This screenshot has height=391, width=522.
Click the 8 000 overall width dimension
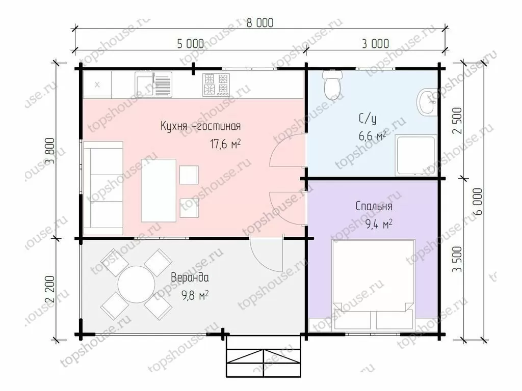[x=260, y=22]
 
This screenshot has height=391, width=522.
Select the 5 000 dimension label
[x=191, y=44]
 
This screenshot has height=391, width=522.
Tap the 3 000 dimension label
[x=375, y=44]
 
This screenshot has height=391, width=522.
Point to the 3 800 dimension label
[x=50, y=151]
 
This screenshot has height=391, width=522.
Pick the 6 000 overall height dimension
[x=477, y=202]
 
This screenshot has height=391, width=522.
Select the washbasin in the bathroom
[x=427, y=102]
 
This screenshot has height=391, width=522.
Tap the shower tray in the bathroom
[x=415, y=155]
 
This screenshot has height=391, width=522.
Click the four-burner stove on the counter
[x=216, y=85]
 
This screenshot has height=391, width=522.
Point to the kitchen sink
[x=153, y=85]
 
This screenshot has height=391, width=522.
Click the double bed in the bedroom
[x=373, y=285]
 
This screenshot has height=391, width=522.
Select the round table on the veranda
[x=136, y=284]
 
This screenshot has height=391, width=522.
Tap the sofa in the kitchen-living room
[x=103, y=188]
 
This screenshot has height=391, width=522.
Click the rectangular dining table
[x=159, y=190]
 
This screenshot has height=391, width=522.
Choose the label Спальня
[x=374, y=206]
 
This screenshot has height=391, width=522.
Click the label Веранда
[x=190, y=277]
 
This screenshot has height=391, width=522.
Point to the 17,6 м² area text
[x=225, y=144]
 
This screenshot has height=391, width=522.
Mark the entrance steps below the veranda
[x=264, y=356]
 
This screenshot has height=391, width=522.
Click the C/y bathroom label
[x=368, y=119]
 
